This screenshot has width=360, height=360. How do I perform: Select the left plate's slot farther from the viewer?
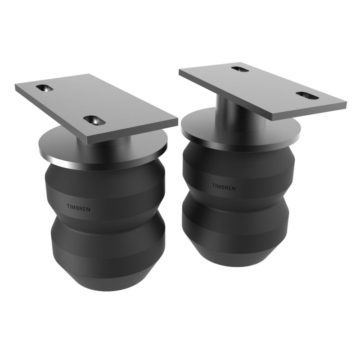click(45, 88)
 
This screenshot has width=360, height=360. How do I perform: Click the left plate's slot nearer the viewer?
click(93, 120)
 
